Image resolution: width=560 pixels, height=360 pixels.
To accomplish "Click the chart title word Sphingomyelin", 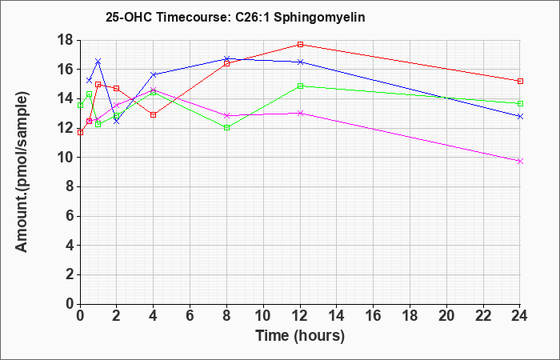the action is point(319,18).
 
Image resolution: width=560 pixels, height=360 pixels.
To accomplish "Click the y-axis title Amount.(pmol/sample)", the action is point(22,172).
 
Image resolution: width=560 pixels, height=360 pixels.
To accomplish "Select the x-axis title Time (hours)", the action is point(300,336).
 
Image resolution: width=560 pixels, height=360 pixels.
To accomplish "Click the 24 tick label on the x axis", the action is point(519,316).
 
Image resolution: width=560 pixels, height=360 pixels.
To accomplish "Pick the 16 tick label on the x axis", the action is point(374,316).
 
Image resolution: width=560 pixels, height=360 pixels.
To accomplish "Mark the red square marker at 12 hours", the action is point(300,44).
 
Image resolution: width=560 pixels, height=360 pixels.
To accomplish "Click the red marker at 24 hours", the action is point(520,81).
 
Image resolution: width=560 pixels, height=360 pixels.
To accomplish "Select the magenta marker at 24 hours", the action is point(520,162).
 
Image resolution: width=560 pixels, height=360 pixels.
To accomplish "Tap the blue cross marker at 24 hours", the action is point(520,117).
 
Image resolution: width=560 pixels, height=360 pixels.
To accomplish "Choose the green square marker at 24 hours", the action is point(520,103).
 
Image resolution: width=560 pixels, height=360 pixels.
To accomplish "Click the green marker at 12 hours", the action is point(300,86).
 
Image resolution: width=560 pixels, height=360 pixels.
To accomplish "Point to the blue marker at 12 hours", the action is point(300,62).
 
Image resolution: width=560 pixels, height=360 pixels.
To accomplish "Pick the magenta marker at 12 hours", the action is point(300,114).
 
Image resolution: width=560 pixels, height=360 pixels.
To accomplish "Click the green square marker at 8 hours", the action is point(226,127).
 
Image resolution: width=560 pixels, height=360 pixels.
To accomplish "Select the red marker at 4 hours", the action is point(154,114).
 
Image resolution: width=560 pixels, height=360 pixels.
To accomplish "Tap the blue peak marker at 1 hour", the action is point(98,61).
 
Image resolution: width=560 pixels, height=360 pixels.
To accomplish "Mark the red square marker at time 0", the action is point(80,133).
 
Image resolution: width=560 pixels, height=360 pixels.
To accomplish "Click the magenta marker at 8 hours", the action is point(226,116).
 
